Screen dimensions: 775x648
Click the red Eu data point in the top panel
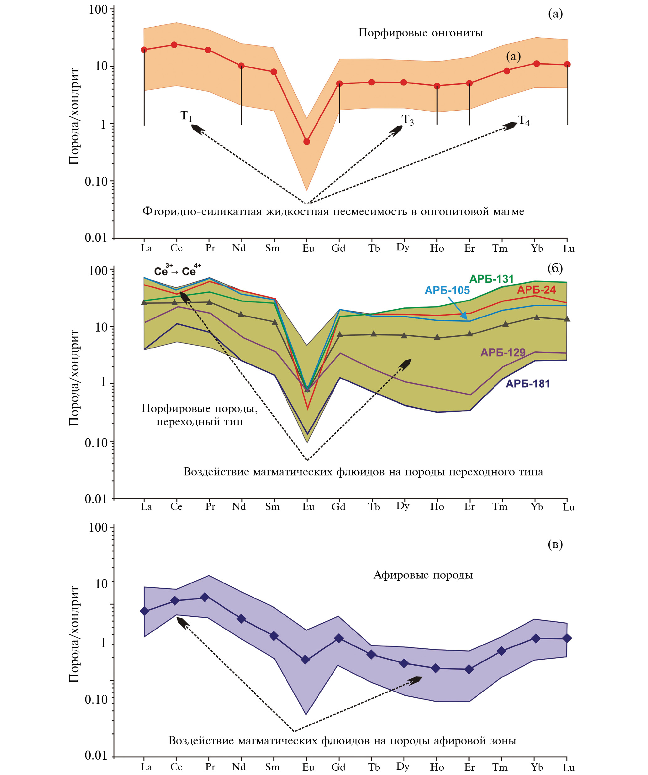click(307, 142)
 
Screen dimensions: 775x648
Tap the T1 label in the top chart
click(186, 116)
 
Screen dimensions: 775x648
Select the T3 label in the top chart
click(408, 120)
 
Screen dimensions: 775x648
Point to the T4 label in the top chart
click(524, 121)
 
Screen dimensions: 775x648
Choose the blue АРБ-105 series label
click(447, 291)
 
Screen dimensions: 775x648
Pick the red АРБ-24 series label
click(536, 290)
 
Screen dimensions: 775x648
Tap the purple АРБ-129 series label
click(503, 353)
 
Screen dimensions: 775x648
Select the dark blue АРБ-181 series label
click(528, 384)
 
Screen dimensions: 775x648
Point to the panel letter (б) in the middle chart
click(555, 268)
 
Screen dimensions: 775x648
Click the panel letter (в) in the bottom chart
click(555, 544)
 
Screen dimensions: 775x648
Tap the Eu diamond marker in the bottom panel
click(305, 659)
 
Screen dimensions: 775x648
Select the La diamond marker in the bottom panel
click(145, 611)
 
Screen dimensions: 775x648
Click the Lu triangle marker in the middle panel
click(567, 319)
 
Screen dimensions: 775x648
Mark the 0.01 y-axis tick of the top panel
click(96, 238)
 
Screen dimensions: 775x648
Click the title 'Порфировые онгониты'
click(420, 33)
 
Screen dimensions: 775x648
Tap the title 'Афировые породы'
click(423, 575)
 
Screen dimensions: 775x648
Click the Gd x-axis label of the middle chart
click(338, 507)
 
